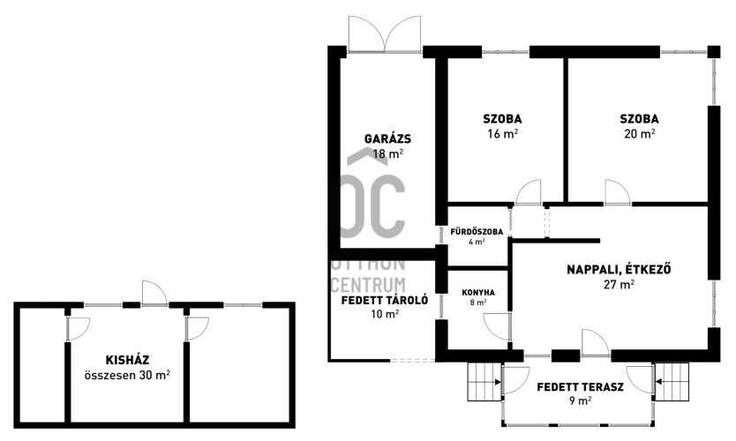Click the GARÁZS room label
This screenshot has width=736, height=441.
[x=387, y=138]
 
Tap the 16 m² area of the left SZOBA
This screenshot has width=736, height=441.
[x=503, y=134]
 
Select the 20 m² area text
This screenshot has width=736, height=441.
[x=639, y=134]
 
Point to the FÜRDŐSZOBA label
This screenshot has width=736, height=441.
[x=477, y=232]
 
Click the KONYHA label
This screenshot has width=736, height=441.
[x=478, y=293]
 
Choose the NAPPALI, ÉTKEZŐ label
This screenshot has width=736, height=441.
[x=619, y=270]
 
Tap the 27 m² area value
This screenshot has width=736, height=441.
[x=620, y=284]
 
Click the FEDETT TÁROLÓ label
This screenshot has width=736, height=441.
[x=385, y=300]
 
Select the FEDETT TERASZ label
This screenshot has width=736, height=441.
[x=580, y=387]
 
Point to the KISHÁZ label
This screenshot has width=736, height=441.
[x=127, y=361]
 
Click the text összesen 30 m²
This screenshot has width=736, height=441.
[x=127, y=376]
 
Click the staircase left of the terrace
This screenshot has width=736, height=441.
[x=484, y=382]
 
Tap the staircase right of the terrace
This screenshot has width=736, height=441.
[x=672, y=382]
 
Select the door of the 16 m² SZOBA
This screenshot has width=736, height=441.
[x=529, y=192]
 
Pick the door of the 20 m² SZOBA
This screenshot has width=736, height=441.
[x=617, y=192]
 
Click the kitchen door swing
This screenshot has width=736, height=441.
[x=497, y=326]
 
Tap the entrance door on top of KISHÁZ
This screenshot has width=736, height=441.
[x=155, y=293]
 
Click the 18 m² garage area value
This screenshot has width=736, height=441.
[x=387, y=153]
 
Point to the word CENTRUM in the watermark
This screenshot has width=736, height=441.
[x=369, y=285]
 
